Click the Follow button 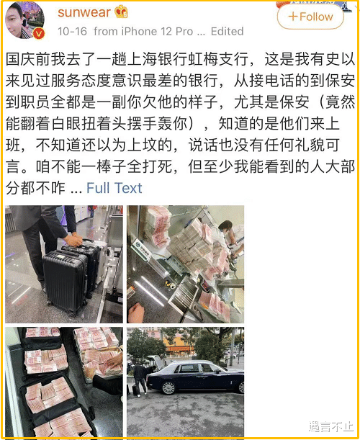coord(310,17)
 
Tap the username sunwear coord(84,12)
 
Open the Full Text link coord(114,188)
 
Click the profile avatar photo coord(24,20)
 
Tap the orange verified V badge coord(39,34)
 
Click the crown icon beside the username coord(121,12)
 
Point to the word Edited coord(227,31)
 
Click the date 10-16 coord(72,31)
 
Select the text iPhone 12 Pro coord(157,31)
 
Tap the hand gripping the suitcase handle coord(73,240)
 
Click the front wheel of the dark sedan coord(168,387)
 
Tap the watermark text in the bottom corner coord(330,426)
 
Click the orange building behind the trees coord(179,347)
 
